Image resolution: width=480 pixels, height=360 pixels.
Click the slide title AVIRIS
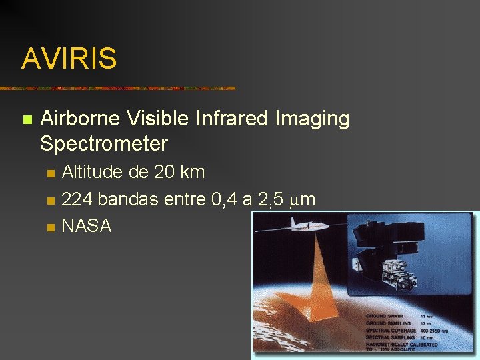click(69, 59)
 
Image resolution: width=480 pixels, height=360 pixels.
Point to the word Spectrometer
click(103, 143)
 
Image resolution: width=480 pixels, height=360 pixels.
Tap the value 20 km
click(179, 172)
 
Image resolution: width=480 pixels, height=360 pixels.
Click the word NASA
click(86, 226)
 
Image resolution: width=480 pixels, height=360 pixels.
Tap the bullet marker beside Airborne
click(27, 120)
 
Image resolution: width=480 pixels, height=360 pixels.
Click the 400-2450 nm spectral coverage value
click(433, 331)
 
